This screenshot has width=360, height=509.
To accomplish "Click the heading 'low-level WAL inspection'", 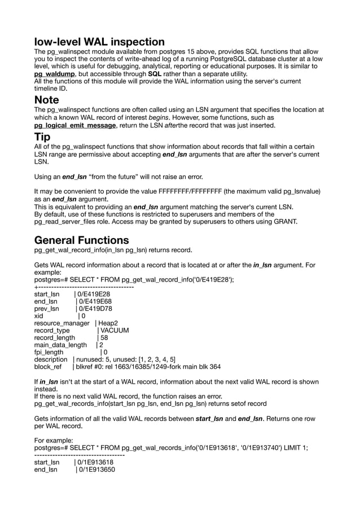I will (x=99, y=42).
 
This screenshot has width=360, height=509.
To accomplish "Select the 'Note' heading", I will (x=46, y=100).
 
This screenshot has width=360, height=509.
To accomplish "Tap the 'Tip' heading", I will (x=42, y=137).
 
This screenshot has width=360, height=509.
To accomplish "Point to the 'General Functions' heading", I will (x=81, y=240).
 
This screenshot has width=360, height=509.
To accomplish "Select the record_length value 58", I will (x=104, y=337).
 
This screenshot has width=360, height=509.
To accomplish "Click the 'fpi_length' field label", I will (x=49, y=352).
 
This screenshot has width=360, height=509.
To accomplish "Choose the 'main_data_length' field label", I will (x=60, y=345).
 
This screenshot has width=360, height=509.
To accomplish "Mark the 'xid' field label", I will (x=39, y=315).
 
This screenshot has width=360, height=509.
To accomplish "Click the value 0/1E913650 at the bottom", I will (x=96, y=468).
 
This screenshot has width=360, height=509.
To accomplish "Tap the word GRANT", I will (x=283, y=221).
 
